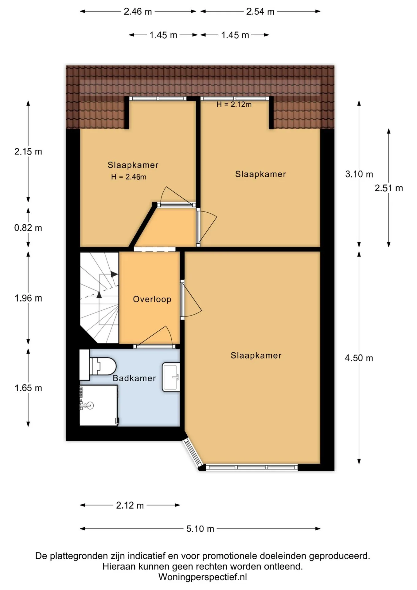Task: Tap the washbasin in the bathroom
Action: pyautogui.click(x=171, y=377)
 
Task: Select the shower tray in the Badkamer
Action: pyautogui.click(x=99, y=405)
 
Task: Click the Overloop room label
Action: pyautogui.click(x=152, y=299)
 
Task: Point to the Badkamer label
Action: pyautogui.click(x=134, y=378)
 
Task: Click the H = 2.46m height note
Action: pyautogui.click(x=129, y=177)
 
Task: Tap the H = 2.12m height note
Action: pyautogui.click(x=234, y=104)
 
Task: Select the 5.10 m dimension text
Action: pyautogui.click(x=200, y=529)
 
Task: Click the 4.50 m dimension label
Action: pyautogui.click(x=359, y=358)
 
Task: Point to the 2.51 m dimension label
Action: pyautogui.click(x=389, y=188)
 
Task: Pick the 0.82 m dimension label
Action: pyautogui.click(x=28, y=228)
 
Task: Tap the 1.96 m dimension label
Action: pyautogui.click(x=28, y=298)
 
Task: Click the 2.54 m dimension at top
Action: pyautogui.click(x=260, y=12)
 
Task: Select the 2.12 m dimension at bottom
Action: pyautogui.click(x=130, y=505)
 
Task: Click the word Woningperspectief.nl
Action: pyautogui.click(x=203, y=577)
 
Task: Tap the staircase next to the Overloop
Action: pyautogui.click(x=99, y=298)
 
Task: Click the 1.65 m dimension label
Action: pyautogui.click(x=28, y=388)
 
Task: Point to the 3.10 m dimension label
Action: pyautogui.click(x=359, y=174)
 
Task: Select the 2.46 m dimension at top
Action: pyautogui.click(x=138, y=12)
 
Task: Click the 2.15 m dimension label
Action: pyautogui.click(x=28, y=151)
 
